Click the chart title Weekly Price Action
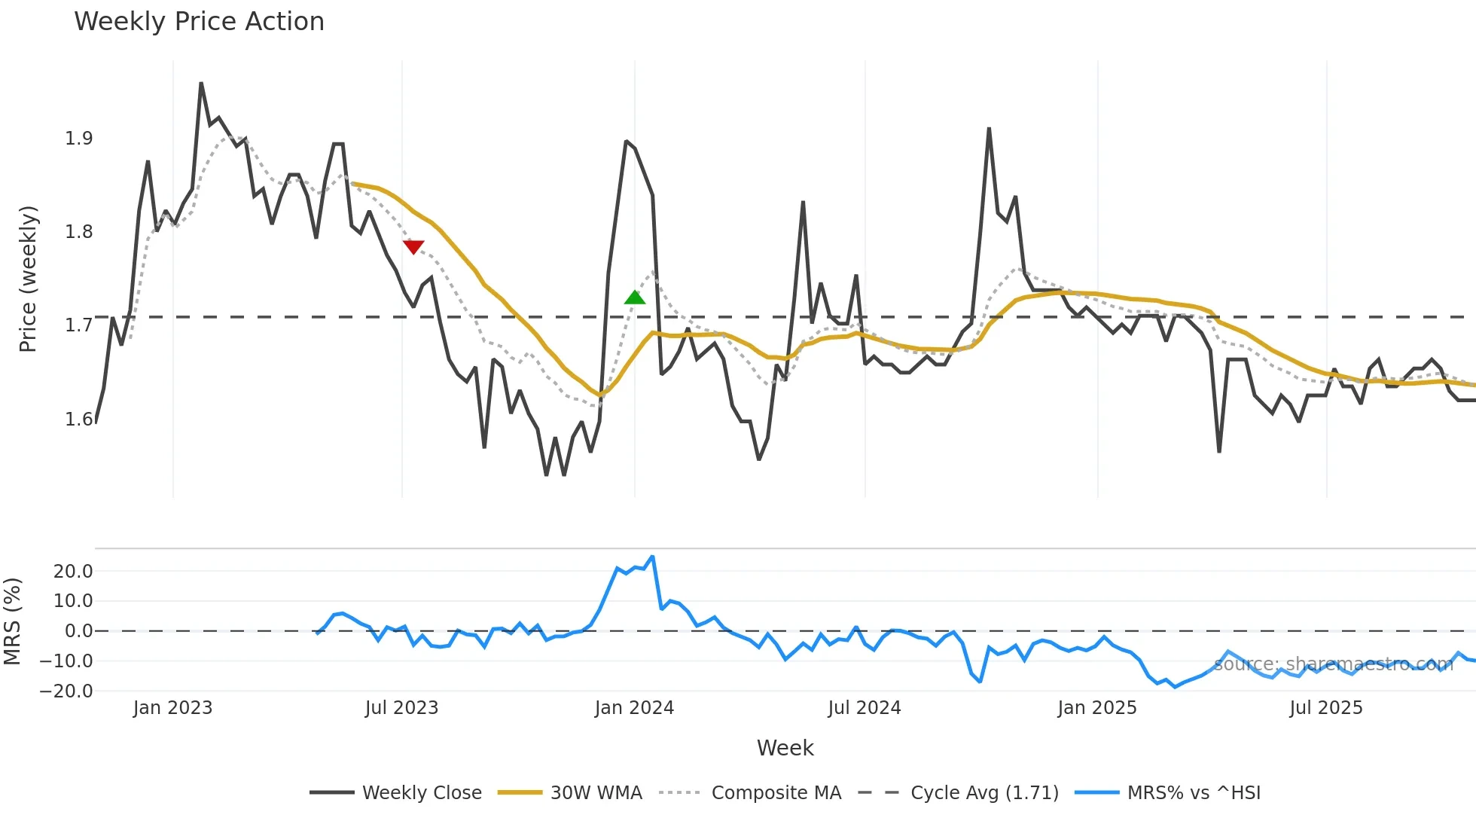coord(199,22)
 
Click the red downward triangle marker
coord(413,247)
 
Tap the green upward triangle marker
coord(635,298)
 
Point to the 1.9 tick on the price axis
coord(78,139)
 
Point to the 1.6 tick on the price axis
coord(78,420)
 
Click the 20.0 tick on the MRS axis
coord(73,572)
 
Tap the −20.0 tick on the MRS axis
coord(67,691)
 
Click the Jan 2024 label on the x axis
coord(634,708)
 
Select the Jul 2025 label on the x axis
coord(1326,708)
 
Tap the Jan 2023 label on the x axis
coord(172,708)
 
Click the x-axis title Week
coord(785,748)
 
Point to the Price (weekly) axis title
coord(28,279)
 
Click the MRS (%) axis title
coord(12,621)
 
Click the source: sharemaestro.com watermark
coord(1333,664)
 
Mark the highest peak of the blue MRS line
coord(652,557)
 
